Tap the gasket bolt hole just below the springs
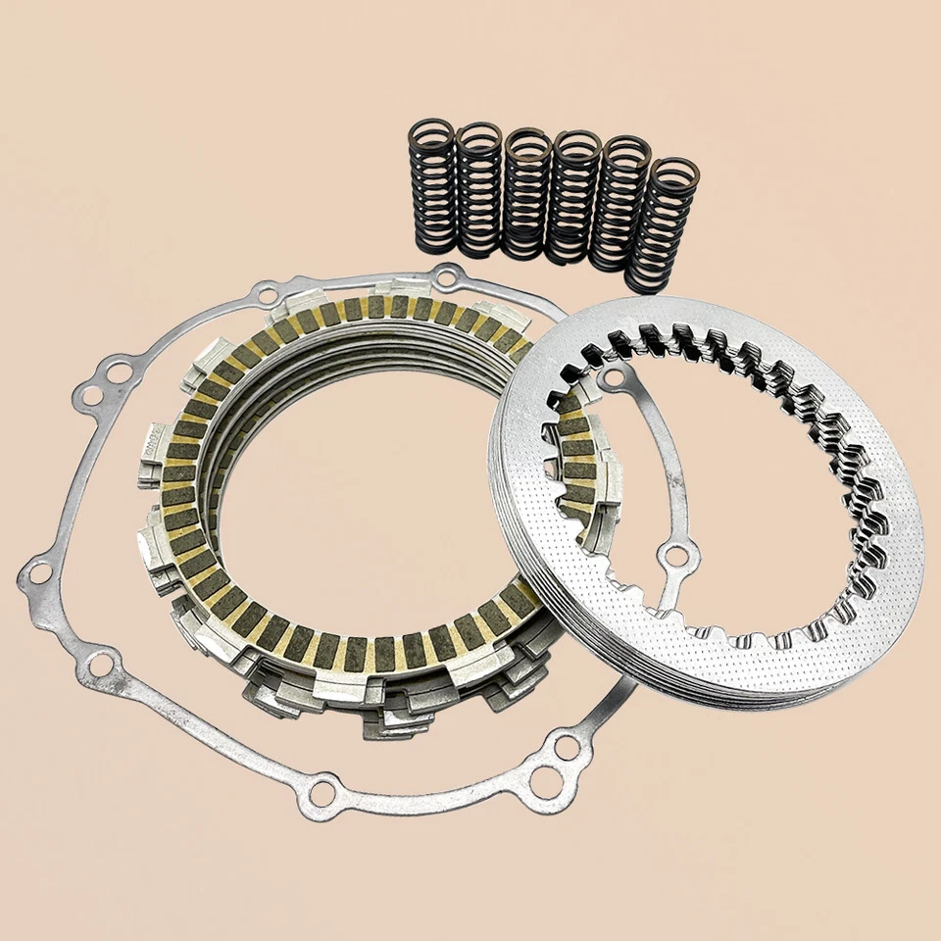tap(447, 277)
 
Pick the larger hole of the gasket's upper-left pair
tap(118, 372)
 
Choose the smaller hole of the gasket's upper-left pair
tap(88, 397)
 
